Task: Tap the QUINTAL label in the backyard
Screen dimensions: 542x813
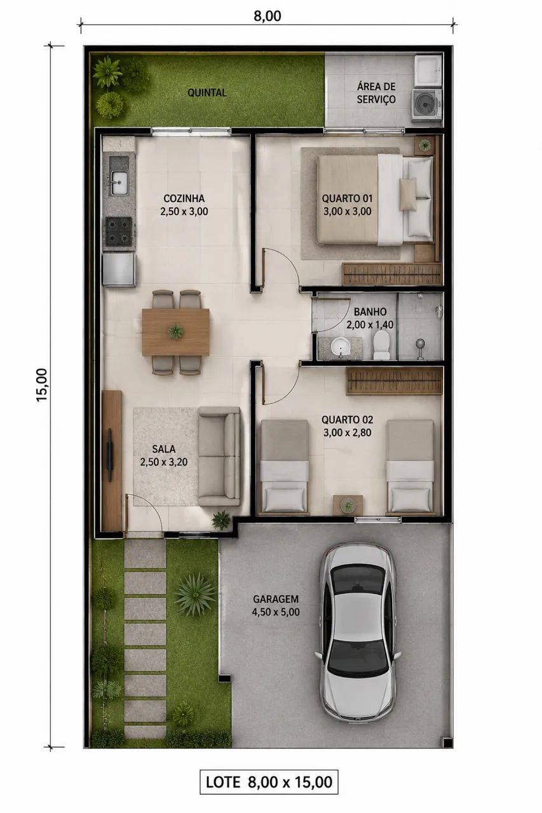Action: pos(207,93)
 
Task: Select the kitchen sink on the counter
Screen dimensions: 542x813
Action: pos(119,183)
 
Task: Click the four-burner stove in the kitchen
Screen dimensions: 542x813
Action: pos(118,230)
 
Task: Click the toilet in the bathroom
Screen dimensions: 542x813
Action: pos(381,344)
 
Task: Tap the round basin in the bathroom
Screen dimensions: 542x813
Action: pos(340,346)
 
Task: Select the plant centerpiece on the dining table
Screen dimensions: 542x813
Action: pos(176,332)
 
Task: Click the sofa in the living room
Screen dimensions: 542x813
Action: pos(219,456)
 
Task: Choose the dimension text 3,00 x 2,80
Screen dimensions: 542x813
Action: pos(348,433)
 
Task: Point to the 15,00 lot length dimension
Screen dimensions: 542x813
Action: pos(42,384)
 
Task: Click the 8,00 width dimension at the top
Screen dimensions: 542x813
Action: pos(268,16)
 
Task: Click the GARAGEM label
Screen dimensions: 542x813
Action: pos(276,599)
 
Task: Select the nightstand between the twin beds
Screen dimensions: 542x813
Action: pos(348,505)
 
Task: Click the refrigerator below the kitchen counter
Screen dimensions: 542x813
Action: pos(119,269)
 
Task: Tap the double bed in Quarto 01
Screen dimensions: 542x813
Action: pos(376,200)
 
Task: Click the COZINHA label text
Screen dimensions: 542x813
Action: pos(184,199)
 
